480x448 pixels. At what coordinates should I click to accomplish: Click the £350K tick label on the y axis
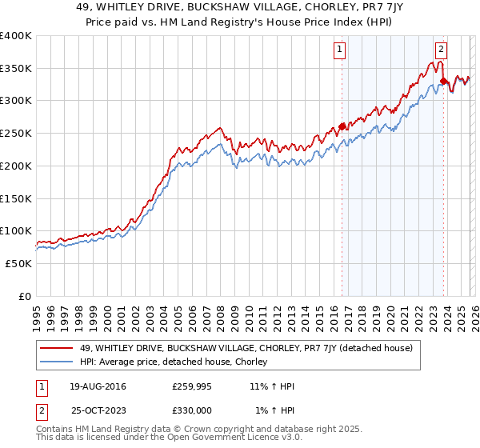[16, 69]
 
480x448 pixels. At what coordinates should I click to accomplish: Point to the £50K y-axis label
[18, 263]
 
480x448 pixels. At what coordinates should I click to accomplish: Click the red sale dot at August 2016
[342, 126]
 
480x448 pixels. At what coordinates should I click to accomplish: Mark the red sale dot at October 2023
[443, 81]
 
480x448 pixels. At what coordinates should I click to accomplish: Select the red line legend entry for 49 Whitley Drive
[246, 348]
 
